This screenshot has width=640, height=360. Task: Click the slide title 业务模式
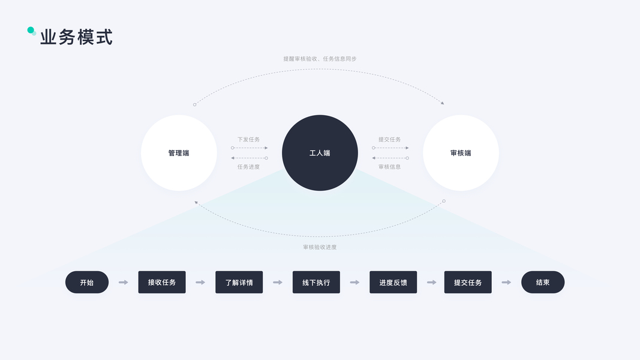click(76, 37)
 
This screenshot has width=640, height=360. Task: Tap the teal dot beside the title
click(31, 30)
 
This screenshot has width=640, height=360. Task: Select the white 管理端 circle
click(179, 153)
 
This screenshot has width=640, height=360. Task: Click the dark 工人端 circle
click(320, 153)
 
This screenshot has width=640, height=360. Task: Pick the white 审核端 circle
click(461, 153)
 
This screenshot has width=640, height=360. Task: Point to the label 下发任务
click(248, 139)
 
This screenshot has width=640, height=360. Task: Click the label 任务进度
click(248, 167)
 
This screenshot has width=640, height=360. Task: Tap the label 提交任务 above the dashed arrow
click(389, 139)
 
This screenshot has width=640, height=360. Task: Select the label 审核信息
click(389, 167)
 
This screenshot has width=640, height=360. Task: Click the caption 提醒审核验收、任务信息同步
click(320, 59)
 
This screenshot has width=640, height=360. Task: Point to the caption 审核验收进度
click(320, 247)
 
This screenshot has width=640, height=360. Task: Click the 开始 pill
click(87, 282)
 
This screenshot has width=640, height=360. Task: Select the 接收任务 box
click(162, 282)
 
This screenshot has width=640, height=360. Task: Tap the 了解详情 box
click(239, 282)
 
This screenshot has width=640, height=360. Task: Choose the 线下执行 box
click(316, 282)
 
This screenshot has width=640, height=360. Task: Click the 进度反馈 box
click(393, 282)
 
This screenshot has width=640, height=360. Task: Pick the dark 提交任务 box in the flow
click(468, 282)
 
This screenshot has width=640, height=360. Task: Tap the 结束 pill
click(543, 282)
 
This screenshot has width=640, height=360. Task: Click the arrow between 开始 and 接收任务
click(124, 282)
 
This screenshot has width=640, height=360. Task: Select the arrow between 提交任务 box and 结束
click(506, 282)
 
